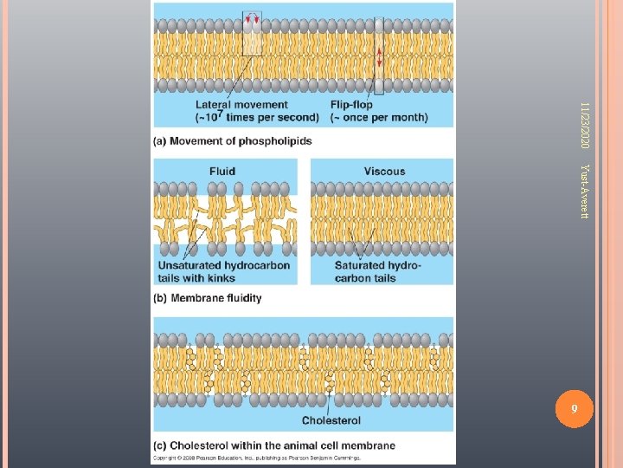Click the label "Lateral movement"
(x=229, y=105)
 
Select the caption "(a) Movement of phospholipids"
(x=233, y=141)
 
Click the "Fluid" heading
(x=222, y=172)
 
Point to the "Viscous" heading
(x=384, y=172)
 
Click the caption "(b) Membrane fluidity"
(x=208, y=298)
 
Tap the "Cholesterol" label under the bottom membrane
(x=331, y=421)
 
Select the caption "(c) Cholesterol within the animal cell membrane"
(x=273, y=446)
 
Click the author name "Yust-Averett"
(x=585, y=190)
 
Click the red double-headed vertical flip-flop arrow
(x=378, y=57)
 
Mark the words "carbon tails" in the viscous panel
(x=364, y=278)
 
